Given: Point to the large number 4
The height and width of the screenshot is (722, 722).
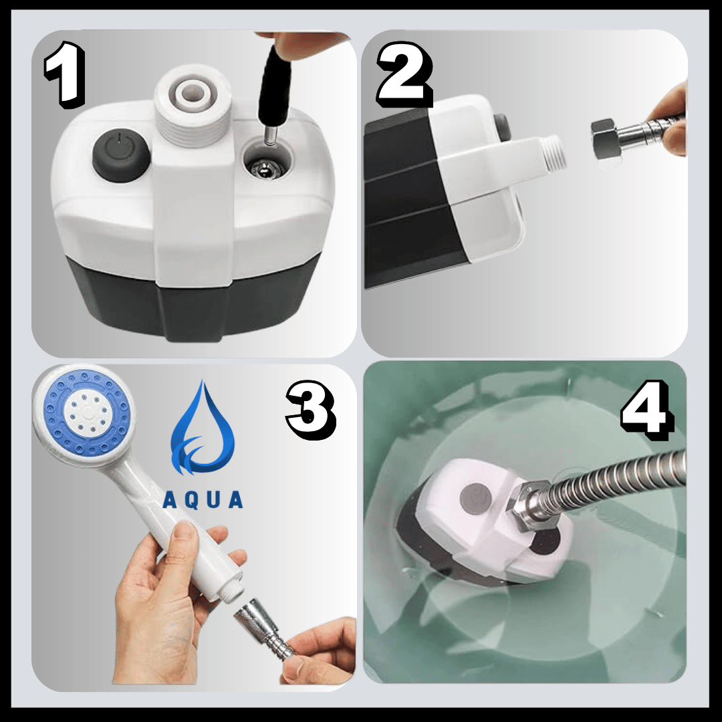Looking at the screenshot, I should point(646,408).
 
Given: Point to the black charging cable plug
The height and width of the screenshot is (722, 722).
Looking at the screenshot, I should point(274,86).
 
